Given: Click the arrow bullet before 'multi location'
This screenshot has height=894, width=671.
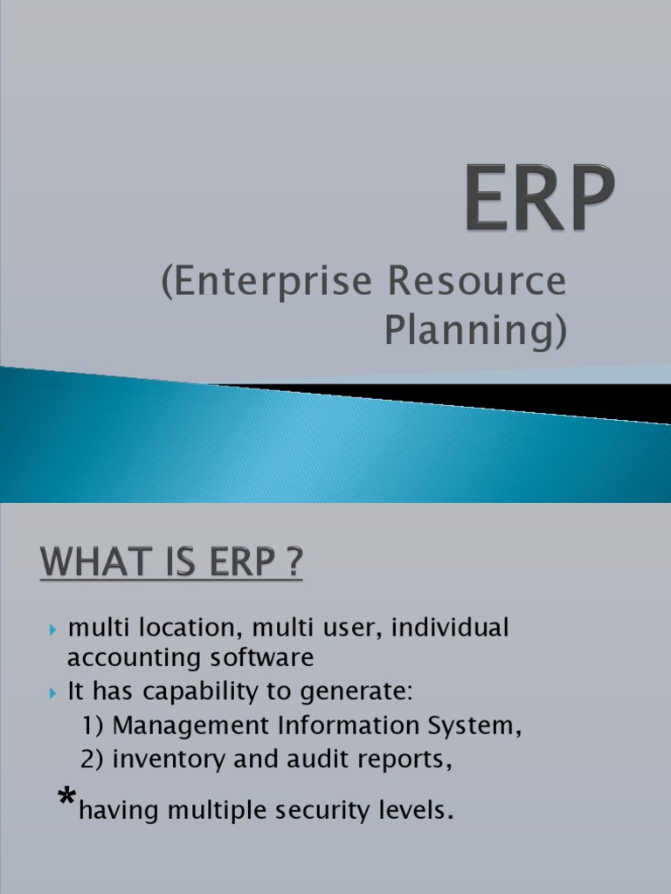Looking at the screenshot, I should point(53,629).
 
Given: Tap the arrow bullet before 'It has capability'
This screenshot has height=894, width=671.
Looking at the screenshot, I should point(53,693).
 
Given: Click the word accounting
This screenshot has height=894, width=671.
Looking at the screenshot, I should point(125,657).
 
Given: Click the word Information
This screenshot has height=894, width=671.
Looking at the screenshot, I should point(338,726).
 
